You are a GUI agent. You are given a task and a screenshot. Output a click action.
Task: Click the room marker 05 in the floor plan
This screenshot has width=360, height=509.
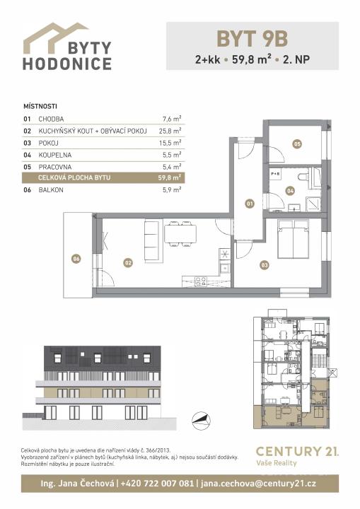pos(297,144)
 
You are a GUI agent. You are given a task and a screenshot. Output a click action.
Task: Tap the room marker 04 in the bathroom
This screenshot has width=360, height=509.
pos(290,191)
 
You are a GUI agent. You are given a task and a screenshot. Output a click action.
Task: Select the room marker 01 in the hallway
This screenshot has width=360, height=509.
pos(249,204)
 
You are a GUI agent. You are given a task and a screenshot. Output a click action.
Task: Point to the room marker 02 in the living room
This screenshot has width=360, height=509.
pos(128,262)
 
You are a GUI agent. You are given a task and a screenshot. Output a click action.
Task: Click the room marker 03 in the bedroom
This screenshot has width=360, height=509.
pos(265,265)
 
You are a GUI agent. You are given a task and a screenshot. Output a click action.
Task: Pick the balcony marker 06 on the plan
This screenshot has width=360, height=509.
pos(76,259)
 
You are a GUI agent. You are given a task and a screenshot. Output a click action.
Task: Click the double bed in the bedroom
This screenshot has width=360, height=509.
pos(293,239)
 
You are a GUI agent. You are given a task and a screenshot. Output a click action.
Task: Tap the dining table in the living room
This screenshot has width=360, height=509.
pos(180,234)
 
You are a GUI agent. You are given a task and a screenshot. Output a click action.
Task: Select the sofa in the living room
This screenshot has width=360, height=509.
pos(153,240)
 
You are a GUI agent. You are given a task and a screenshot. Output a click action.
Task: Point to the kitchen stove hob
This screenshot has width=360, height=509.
pos(200,281)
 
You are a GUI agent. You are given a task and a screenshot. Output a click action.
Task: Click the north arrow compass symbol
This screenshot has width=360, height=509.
pos(201,421)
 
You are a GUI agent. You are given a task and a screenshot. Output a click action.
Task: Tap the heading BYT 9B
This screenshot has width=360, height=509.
pos(252,39)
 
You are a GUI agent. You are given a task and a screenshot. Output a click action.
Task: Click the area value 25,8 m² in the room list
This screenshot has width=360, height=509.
pos(170,131)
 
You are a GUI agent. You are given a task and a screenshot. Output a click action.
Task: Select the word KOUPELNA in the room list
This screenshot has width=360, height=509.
pos(55,155)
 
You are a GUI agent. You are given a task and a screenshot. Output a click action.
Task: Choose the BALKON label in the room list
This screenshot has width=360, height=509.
pos(51,190)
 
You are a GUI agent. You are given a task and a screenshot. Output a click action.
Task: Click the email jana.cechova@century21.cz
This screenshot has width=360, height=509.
pos(258,484)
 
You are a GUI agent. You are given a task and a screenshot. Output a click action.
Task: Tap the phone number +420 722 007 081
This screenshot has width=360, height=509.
pos(157,484)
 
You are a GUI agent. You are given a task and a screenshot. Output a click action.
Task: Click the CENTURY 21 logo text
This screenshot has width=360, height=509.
pos(297,451)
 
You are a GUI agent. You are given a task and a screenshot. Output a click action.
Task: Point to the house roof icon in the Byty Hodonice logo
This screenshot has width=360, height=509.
pos(55,37)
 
